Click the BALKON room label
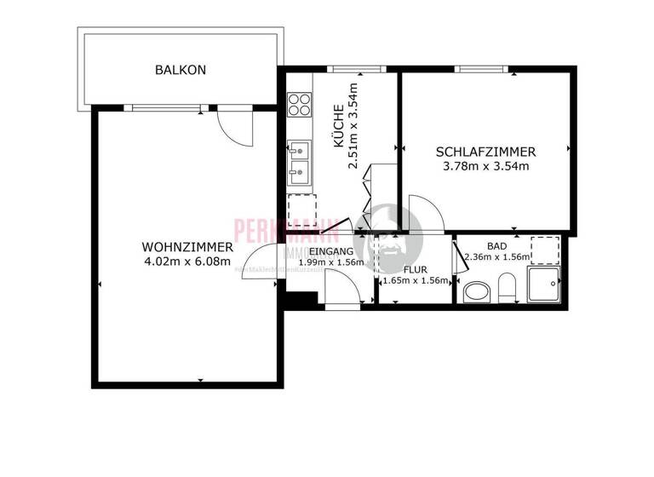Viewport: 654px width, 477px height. (181, 70)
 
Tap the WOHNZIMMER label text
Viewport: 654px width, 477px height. (188, 248)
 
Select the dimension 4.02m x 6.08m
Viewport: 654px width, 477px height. (188, 261)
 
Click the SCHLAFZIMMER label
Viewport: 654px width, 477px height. (485, 152)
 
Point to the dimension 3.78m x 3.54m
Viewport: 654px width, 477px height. (486, 166)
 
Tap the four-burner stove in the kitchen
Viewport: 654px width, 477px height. (299, 105)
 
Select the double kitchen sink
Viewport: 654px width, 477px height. (299, 164)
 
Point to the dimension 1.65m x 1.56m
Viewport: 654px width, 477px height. (416, 280)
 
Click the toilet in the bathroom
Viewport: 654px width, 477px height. (508, 288)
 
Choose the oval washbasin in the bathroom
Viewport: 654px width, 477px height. (476, 293)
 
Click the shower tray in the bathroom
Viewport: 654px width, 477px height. (542, 285)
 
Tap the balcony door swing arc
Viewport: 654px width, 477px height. (232, 129)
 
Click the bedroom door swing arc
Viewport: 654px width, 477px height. (424, 213)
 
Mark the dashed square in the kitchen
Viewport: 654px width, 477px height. (301, 208)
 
